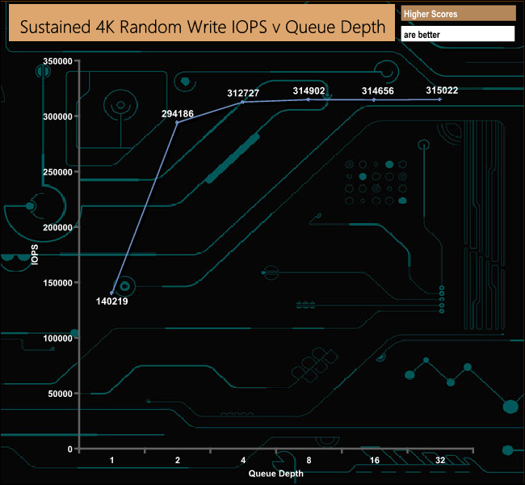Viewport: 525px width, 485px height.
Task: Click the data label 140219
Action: click(x=112, y=302)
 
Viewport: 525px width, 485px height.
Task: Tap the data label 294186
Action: click(x=178, y=114)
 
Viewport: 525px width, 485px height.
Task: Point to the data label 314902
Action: click(x=309, y=91)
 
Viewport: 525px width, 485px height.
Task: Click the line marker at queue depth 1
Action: click(x=112, y=293)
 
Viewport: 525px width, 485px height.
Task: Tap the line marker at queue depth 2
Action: click(x=178, y=122)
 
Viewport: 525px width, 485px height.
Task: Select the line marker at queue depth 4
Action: click(x=243, y=102)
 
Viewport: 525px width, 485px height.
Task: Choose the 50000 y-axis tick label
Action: click(x=59, y=394)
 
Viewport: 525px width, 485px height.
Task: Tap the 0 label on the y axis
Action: click(x=70, y=449)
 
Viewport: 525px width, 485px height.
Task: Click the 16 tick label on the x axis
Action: click(x=374, y=460)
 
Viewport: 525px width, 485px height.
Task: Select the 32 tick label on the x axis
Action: click(x=439, y=460)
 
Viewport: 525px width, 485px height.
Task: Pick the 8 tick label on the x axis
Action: click(x=309, y=460)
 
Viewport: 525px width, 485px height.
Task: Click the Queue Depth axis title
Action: click(x=276, y=473)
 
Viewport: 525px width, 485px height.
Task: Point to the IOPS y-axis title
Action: click(x=35, y=255)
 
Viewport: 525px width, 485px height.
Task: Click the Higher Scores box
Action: click(x=458, y=15)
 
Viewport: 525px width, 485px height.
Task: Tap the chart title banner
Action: click(x=202, y=27)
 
